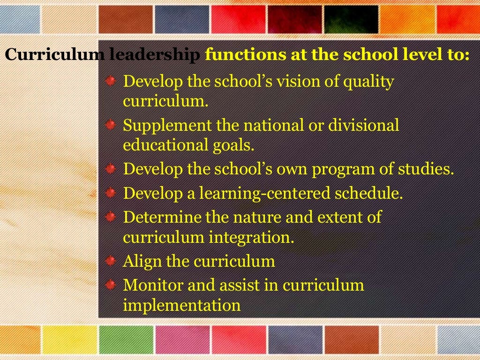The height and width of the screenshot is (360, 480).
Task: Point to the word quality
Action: [367, 83]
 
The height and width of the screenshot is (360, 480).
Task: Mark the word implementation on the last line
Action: [181, 305]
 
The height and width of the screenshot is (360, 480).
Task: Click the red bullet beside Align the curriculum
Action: [110, 261]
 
